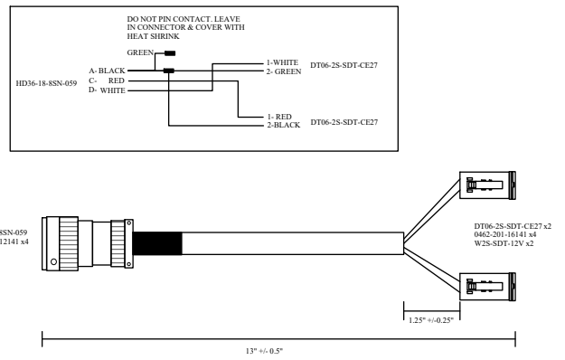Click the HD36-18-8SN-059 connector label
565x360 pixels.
click(x=46, y=83)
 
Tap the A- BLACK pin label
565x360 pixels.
click(x=107, y=71)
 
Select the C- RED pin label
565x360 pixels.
click(x=107, y=81)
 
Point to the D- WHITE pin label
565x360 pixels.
click(x=107, y=90)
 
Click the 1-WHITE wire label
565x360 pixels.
click(x=282, y=62)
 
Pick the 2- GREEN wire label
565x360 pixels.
click(x=284, y=71)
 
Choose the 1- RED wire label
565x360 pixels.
click(x=279, y=117)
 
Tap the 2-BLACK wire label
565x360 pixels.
click(x=284, y=125)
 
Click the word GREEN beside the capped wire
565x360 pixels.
click(x=140, y=52)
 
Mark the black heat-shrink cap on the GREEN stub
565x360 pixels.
click(x=170, y=53)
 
